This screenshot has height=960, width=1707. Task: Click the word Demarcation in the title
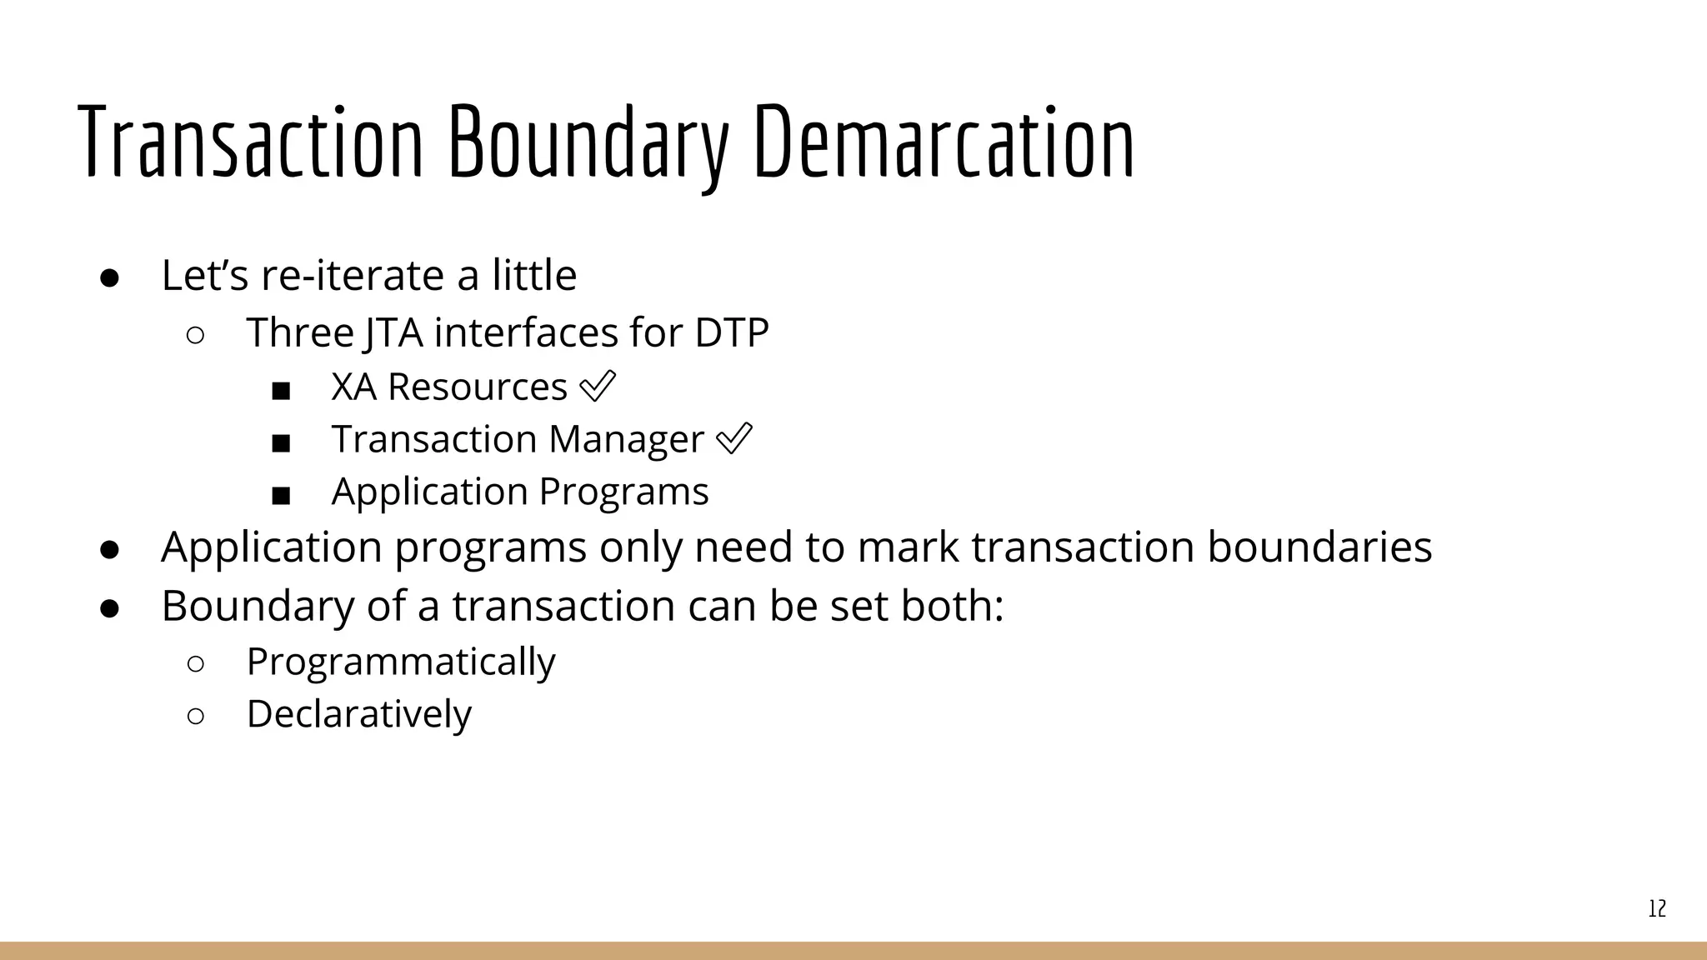pyautogui.click(x=944, y=142)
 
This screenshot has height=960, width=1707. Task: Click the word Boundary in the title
pyautogui.click(x=588, y=142)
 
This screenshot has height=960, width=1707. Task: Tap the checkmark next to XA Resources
pyautogui.click(x=597, y=387)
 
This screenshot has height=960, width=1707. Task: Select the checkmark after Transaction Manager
pyautogui.click(x=733, y=439)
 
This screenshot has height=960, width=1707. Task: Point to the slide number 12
pyautogui.click(x=1657, y=908)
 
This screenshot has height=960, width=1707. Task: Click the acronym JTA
pyautogui.click(x=393, y=332)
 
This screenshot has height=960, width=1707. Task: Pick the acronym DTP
pyautogui.click(x=731, y=332)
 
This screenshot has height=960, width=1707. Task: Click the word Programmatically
pyautogui.click(x=401, y=662)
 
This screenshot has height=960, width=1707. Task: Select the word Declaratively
pyautogui.click(x=359, y=714)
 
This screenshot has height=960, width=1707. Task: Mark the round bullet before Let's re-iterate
pyautogui.click(x=110, y=277)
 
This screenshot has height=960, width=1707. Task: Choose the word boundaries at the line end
pyautogui.click(x=1319, y=547)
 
